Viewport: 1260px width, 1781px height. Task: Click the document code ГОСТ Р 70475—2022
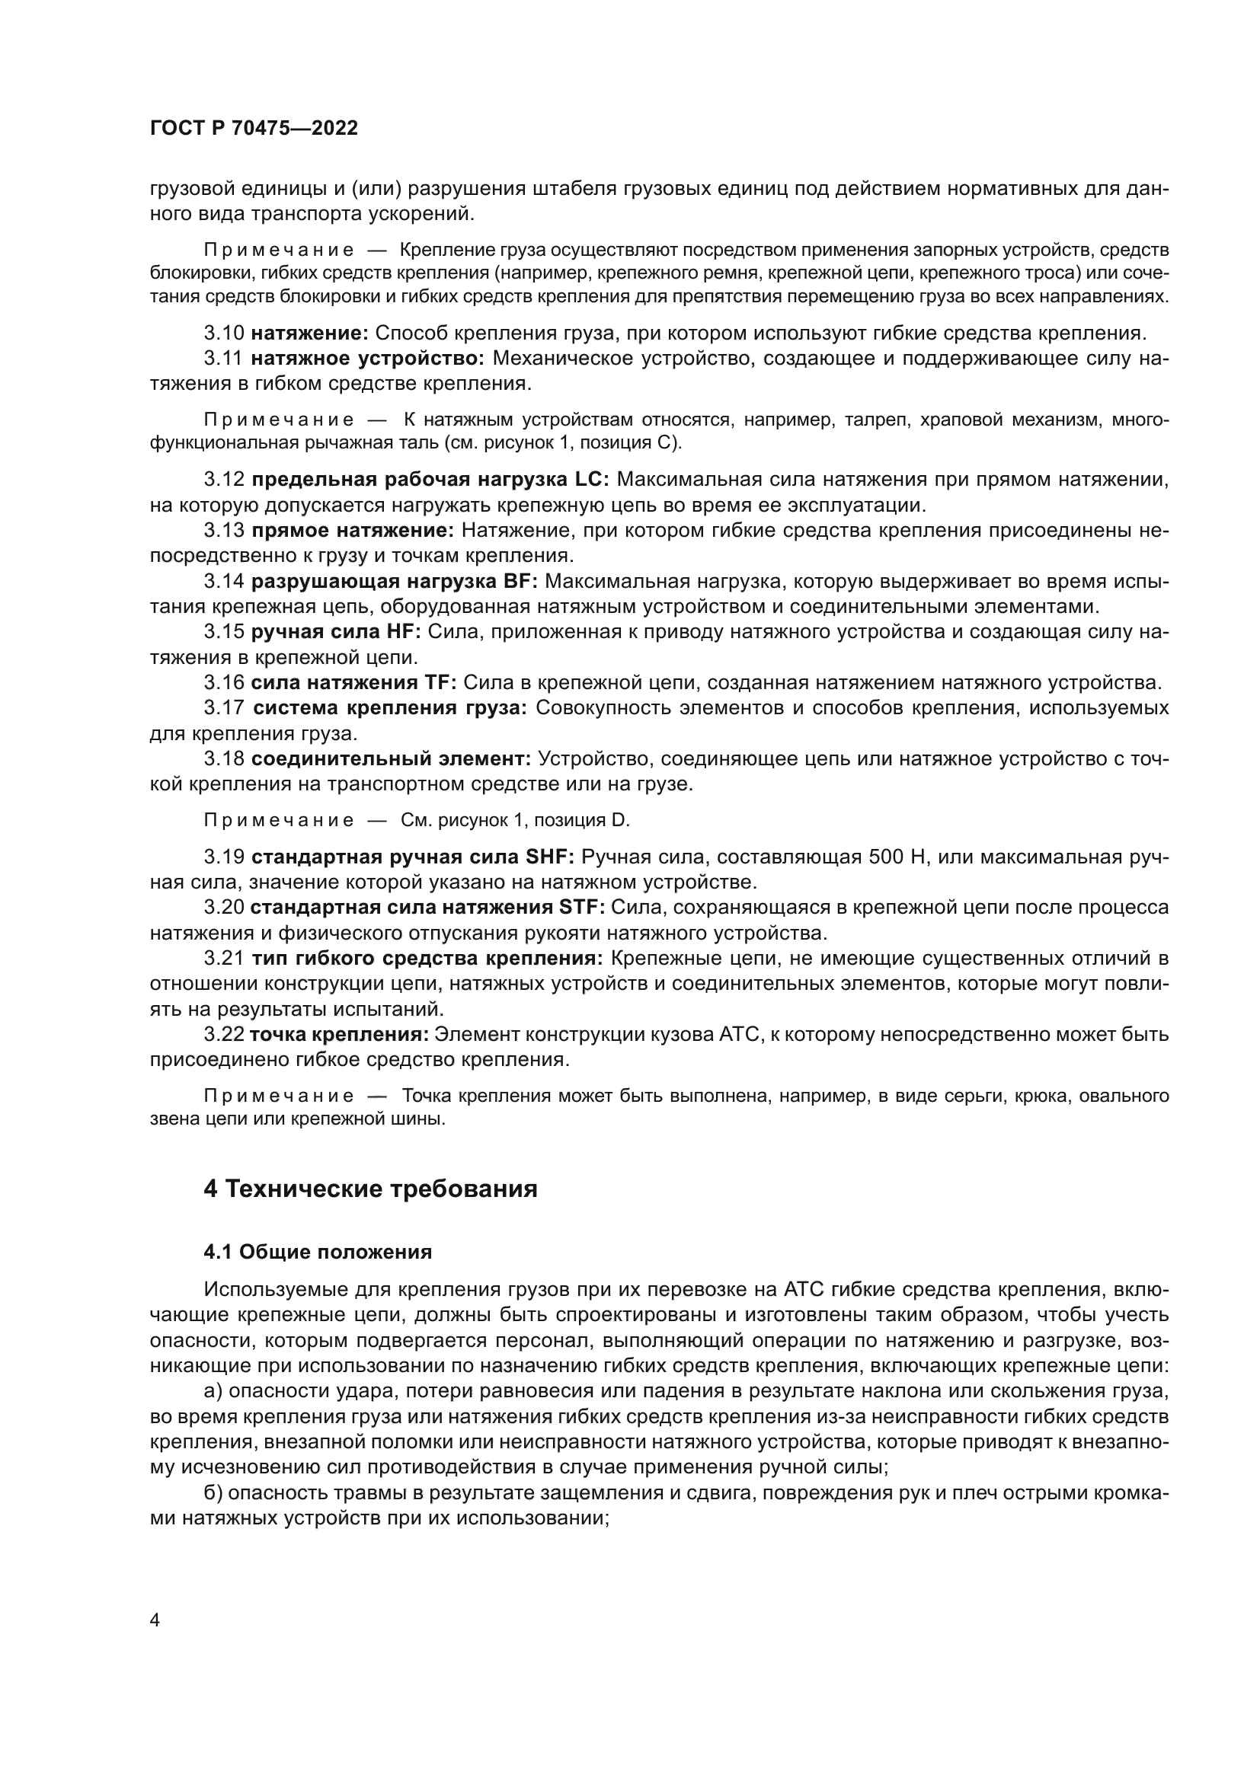(x=254, y=129)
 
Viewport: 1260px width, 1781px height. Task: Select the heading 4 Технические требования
(x=370, y=1189)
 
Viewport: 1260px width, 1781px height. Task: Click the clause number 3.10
(x=223, y=334)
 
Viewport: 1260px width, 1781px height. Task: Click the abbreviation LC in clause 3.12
(x=591, y=480)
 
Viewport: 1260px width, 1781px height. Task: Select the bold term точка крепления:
(x=339, y=1035)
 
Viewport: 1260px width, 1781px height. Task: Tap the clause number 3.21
(x=223, y=959)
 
